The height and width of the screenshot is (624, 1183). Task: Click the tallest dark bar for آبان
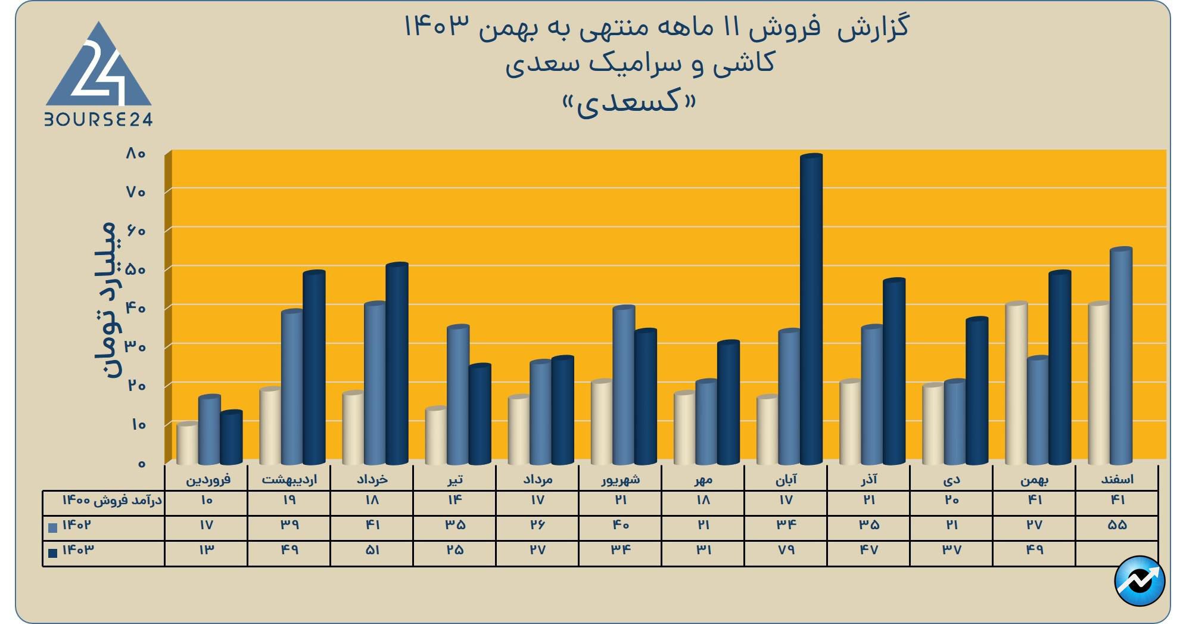(x=811, y=310)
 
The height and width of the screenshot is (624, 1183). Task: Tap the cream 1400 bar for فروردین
(x=187, y=443)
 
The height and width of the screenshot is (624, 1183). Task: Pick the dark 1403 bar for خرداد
(x=397, y=364)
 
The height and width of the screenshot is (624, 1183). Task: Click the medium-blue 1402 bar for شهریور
(x=623, y=385)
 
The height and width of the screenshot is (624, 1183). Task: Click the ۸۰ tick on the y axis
(x=136, y=154)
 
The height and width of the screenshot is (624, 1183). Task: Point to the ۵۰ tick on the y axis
(x=136, y=269)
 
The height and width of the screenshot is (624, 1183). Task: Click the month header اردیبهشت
(x=289, y=479)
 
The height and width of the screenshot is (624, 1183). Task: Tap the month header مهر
(x=703, y=479)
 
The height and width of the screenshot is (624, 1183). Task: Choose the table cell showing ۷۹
(x=786, y=550)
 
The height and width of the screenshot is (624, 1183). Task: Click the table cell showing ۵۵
(x=1117, y=525)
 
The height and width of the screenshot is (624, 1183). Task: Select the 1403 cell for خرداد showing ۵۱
(x=372, y=550)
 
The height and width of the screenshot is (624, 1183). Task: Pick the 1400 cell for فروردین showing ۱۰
(x=206, y=500)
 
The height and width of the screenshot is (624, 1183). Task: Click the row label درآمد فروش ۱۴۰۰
(x=112, y=500)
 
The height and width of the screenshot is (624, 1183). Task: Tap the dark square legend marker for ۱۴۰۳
(x=53, y=553)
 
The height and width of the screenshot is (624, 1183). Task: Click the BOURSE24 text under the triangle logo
(x=99, y=120)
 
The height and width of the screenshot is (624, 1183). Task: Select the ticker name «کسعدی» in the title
(x=630, y=103)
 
